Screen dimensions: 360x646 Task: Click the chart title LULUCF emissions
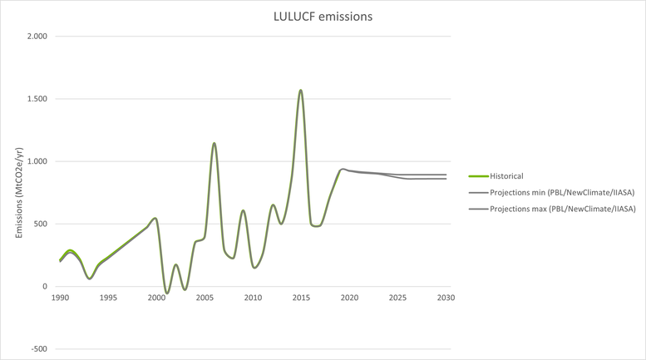[x=323, y=16]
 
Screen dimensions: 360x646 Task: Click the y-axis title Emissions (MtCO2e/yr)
[x=18, y=192]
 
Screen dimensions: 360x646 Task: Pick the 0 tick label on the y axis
[x=46, y=287]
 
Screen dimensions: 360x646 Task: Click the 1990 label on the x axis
[x=60, y=297]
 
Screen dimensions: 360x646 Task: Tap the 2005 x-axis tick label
[x=205, y=297]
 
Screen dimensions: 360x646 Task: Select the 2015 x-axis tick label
[x=301, y=297]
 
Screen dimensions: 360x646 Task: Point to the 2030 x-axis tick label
[x=446, y=297]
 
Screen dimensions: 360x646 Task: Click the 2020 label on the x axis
[x=349, y=297]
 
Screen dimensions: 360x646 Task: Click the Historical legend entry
[x=506, y=176]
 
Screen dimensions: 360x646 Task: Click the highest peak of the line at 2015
[x=301, y=90]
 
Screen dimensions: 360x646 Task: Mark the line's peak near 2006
[x=215, y=143]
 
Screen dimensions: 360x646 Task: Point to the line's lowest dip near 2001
[x=166, y=293]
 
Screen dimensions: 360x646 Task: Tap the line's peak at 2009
[x=243, y=210]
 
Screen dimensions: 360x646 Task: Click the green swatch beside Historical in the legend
[x=478, y=176]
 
